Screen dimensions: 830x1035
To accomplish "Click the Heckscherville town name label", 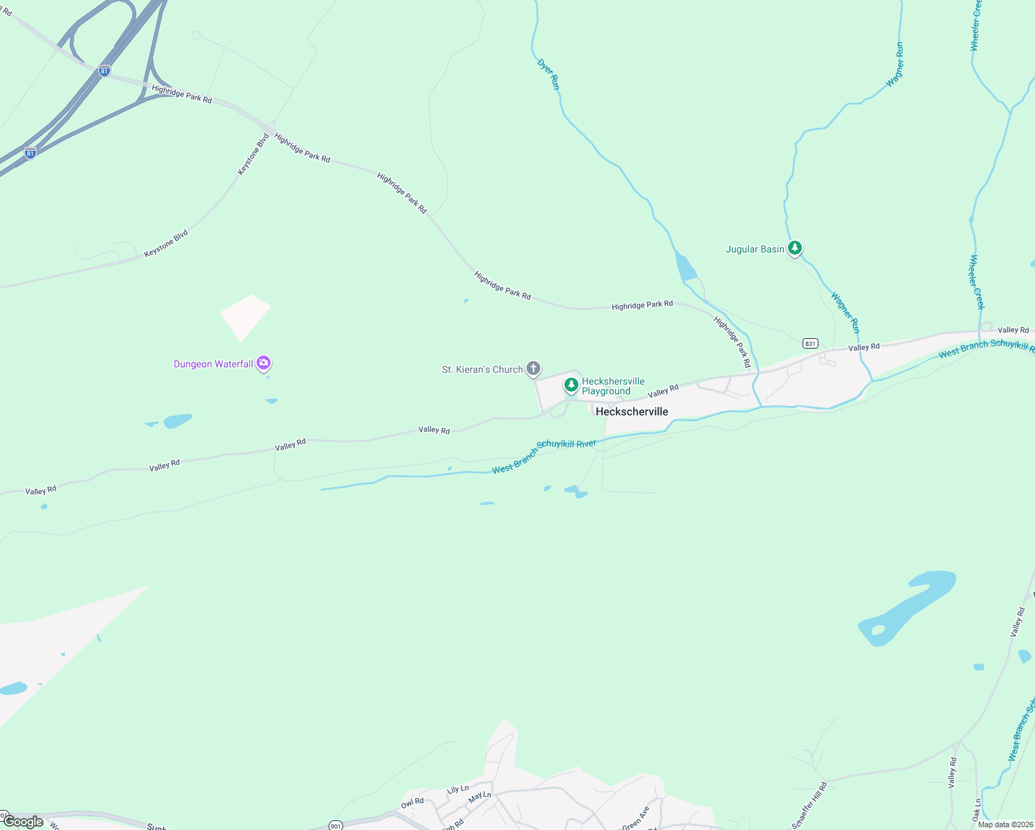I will point(632,412).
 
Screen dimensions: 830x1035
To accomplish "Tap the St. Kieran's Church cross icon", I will point(533,368).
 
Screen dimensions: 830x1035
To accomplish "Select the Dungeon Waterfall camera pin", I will point(263,362).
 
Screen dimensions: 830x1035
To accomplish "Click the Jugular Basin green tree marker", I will point(795,248).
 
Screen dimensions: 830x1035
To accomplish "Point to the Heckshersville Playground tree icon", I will point(571,385).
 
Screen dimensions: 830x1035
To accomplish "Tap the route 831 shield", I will point(810,344).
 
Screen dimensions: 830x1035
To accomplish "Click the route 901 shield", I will point(335,825).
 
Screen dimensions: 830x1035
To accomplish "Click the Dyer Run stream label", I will point(548,74).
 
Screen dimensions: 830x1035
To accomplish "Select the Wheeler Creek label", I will point(976,282).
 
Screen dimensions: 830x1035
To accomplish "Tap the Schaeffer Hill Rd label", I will point(809,805).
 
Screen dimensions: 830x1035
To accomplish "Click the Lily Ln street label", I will point(458,789).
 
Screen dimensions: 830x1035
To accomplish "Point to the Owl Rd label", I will point(412,803).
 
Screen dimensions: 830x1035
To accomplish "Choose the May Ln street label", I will point(479,797).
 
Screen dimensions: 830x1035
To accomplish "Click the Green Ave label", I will point(636,818).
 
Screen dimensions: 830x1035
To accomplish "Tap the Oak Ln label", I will point(977,810).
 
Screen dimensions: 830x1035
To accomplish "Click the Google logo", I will point(24,822).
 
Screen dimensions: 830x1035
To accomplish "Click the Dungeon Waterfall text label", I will point(213,364).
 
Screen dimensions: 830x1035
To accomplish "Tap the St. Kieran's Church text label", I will point(482,369).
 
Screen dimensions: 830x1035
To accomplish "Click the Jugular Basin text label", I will point(755,249).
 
